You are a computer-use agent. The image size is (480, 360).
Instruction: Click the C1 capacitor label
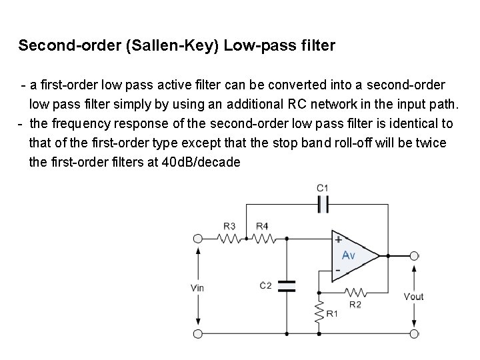(323, 189)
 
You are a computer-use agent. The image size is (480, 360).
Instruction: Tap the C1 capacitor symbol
(323, 203)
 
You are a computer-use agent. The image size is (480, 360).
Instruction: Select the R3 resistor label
(229, 226)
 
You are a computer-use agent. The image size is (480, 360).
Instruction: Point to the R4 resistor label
(263, 226)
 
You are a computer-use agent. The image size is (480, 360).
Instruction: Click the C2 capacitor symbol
(287, 286)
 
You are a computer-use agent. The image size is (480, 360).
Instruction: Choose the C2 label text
(265, 285)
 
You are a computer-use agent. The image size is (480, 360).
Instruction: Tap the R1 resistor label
(332, 313)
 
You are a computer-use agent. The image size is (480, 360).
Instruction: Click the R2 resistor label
(355, 305)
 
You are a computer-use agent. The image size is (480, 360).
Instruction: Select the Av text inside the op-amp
(349, 255)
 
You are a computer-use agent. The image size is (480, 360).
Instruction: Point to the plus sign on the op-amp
(338, 239)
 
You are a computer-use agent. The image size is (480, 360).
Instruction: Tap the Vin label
(197, 288)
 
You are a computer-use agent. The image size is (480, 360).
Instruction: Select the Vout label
(413, 297)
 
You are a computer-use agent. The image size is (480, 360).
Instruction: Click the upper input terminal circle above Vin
(197, 239)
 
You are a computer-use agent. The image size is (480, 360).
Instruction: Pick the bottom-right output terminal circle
(414, 333)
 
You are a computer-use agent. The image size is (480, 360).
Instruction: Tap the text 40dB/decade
(201, 162)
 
